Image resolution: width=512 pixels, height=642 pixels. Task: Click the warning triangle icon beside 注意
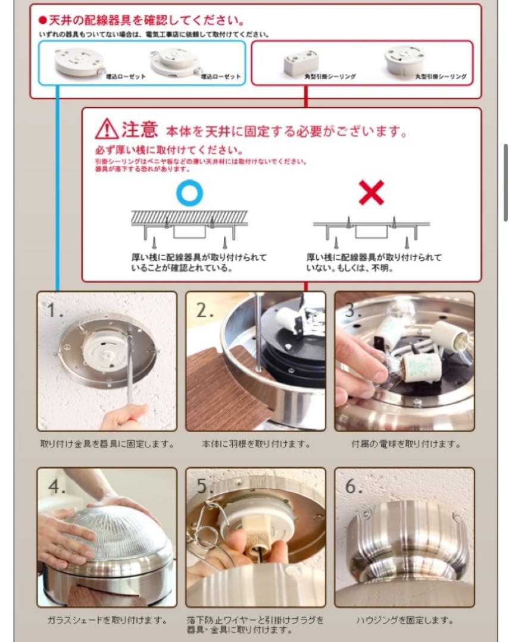pos(107,128)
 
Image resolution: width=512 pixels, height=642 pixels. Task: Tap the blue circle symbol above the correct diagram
pos(189,193)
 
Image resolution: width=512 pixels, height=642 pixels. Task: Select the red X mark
pos(371,194)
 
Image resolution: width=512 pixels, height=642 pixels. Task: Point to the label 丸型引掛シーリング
pos(441,77)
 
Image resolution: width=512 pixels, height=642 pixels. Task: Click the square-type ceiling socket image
pos(301,61)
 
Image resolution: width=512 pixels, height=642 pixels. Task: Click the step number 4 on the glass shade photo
pos(57,486)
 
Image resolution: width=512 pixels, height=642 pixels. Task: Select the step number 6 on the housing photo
pos(354,486)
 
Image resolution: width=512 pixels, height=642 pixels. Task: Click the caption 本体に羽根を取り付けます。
pos(255,444)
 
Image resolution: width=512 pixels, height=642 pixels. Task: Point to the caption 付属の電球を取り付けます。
pos(405,444)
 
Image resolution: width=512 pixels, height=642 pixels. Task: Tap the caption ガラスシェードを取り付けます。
pos(107,620)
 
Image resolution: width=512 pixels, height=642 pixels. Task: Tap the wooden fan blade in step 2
pos(220,386)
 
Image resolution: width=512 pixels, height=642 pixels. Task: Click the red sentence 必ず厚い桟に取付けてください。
pos(168,150)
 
